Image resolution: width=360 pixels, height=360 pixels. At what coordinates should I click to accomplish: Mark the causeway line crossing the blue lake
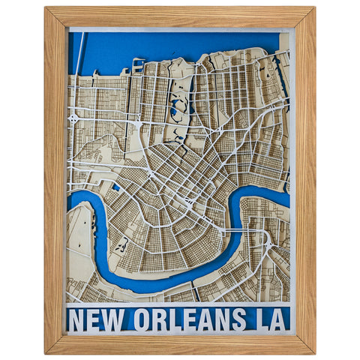point(78,52)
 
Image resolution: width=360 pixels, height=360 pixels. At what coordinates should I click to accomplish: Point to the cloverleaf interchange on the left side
point(73,118)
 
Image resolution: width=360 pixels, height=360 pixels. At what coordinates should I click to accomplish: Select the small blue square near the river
point(116,187)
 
